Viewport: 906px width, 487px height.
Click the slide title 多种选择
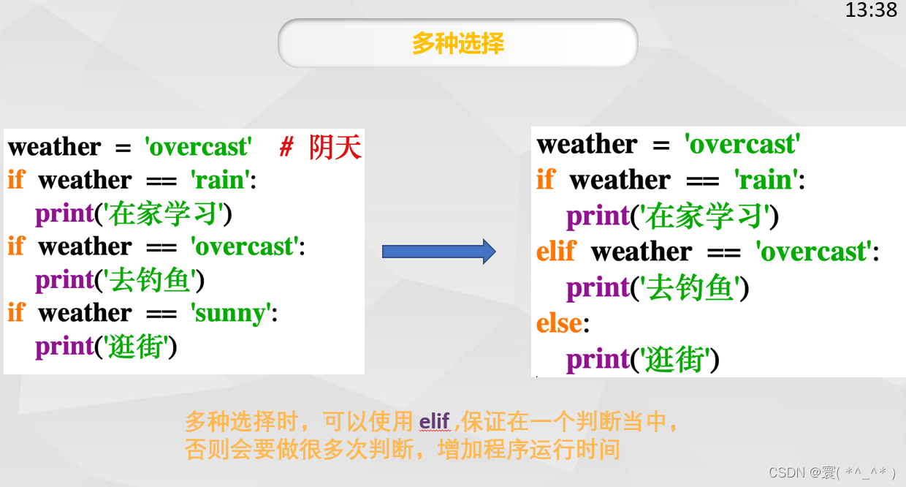coord(458,43)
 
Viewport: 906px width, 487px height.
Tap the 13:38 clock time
coord(871,10)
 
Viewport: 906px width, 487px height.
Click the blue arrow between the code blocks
coord(439,252)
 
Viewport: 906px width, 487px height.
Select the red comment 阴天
coord(335,147)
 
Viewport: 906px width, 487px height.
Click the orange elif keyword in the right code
coord(556,251)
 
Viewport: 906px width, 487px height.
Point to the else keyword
coord(559,323)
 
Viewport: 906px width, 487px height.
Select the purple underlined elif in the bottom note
coord(435,421)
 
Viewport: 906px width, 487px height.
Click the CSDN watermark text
coord(831,472)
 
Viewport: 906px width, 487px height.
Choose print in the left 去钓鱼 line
coord(65,280)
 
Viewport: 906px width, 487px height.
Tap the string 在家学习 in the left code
coord(164,214)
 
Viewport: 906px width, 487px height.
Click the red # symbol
coord(286,146)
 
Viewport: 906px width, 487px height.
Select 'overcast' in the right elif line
coord(814,252)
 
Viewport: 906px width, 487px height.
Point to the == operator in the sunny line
coord(161,314)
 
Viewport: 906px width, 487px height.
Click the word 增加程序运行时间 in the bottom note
coord(529,450)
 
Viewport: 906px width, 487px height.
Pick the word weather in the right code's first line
coord(587,144)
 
